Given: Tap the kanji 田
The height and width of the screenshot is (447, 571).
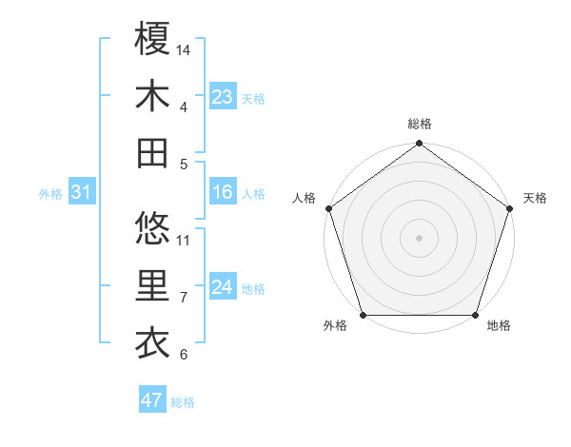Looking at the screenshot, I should pyautogui.click(x=153, y=152).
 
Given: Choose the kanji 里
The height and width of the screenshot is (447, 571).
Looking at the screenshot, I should pyautogui.click(x=153, y=285).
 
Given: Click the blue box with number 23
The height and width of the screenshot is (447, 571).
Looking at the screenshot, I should pyautogui.click(x=223, y=97).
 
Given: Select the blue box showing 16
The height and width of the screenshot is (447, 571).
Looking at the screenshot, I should pyautogui.click(x=223, y=192).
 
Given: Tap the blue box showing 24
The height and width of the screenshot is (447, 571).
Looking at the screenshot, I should pyautogui.click(x=223, y=287).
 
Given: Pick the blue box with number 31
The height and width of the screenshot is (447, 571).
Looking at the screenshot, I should pyautogui.click(x=81, y=193).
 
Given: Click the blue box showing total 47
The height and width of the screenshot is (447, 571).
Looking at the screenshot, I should pyautogui.click(x=152, y=400).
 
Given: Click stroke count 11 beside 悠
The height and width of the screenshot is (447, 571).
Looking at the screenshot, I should pyautogui.click(x=185, y=240).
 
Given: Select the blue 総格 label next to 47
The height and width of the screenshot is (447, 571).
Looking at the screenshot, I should pyautogui.click(x=183, y=402).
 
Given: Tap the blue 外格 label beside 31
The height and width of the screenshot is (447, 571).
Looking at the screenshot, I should pyautogui.click(x=50, y=194).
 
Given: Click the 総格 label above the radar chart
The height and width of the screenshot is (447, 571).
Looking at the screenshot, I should pyautogui.click(x=420, y=124).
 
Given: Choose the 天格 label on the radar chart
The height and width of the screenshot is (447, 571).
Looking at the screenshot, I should pyautogui.click(x=535, y=198).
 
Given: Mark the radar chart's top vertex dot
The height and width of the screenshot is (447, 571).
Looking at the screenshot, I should pyautogui.click(x=420, y=145).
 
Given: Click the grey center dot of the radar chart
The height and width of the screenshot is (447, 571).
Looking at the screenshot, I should pyautogui.click(x=420, y=237).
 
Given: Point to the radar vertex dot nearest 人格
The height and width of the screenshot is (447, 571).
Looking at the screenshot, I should pyautogui.click(x=329, y=208).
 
